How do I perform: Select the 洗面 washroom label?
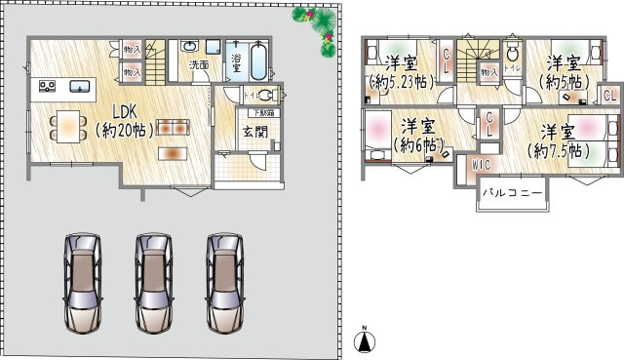[x=198, y=64]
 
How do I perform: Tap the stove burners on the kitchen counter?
[x=47, y=88]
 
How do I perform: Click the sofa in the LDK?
[x=172, y=126]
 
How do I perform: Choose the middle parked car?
[x=153, y=283]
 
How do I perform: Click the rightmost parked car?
[x=223, y=283]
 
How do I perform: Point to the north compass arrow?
[x=363, y=339]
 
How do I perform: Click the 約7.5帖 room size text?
[x=559, y=151]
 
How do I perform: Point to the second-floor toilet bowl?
[x=513, y=55]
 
